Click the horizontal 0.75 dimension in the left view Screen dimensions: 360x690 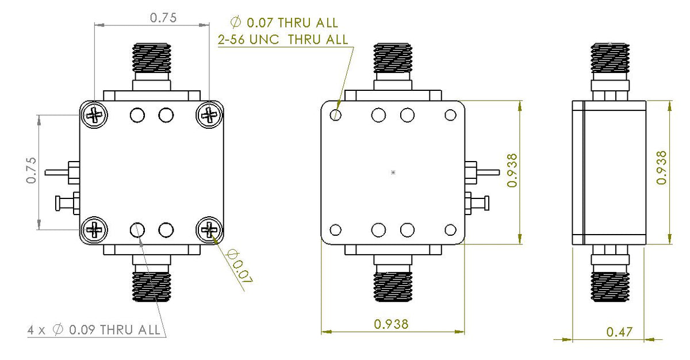tap(163, 18)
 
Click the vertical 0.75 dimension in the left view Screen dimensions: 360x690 tap(31, 171)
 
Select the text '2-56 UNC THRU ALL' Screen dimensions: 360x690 tap(282, 39)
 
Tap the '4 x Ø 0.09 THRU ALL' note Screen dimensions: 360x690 tap(95, 330)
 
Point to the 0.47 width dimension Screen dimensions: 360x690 tap(619, 331)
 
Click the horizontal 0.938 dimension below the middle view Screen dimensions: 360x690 tap(391, 324)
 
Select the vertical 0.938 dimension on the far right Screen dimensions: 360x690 tap(662, 167)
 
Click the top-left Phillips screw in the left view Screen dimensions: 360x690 tap(94, 115)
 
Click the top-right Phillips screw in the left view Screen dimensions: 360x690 tap(209, 115)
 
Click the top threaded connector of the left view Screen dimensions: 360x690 tap(152, 59)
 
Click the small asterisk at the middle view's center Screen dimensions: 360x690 tap(393, 172)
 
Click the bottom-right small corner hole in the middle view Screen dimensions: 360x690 tap(450, 231)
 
